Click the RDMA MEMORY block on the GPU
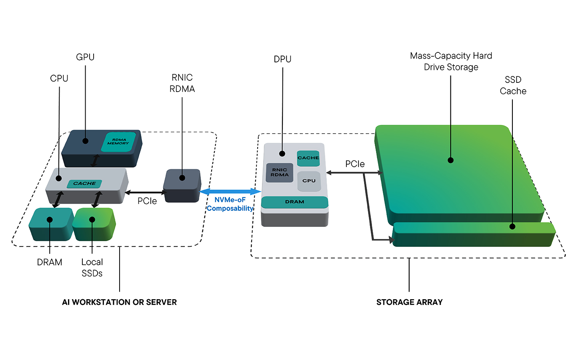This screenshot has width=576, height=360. tap(118, 142)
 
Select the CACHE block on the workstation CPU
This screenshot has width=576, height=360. tap(84, 184)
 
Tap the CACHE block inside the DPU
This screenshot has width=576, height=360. tap(308, 158)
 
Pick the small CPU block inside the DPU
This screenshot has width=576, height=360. tap(309, 181)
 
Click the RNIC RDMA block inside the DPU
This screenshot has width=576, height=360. tap(280, 172)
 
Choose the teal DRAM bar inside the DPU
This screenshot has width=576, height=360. tap(294, 202)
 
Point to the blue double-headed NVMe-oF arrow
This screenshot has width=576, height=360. tap(230, 192)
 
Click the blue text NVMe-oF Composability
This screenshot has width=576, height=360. tap(230, 204)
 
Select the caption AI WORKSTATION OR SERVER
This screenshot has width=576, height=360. tap(119, 302)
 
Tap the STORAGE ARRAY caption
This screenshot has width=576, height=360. tap(409, 302)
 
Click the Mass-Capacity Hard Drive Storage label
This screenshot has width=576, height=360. tap(451, 62)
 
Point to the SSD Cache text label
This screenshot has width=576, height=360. tap(513, 85)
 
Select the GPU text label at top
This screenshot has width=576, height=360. tap(85, 57)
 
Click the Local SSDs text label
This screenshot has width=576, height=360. tap(92, 268)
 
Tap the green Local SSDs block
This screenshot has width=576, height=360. tap(94, 225)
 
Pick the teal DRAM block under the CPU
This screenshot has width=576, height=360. tap(50, 225)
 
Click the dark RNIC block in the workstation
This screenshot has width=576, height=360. tap(182, 185)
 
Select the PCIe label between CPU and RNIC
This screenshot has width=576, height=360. tap(147, 201)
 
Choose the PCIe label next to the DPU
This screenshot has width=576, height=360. tap(355, 164)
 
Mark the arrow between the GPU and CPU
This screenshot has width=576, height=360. tap(95, 161)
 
